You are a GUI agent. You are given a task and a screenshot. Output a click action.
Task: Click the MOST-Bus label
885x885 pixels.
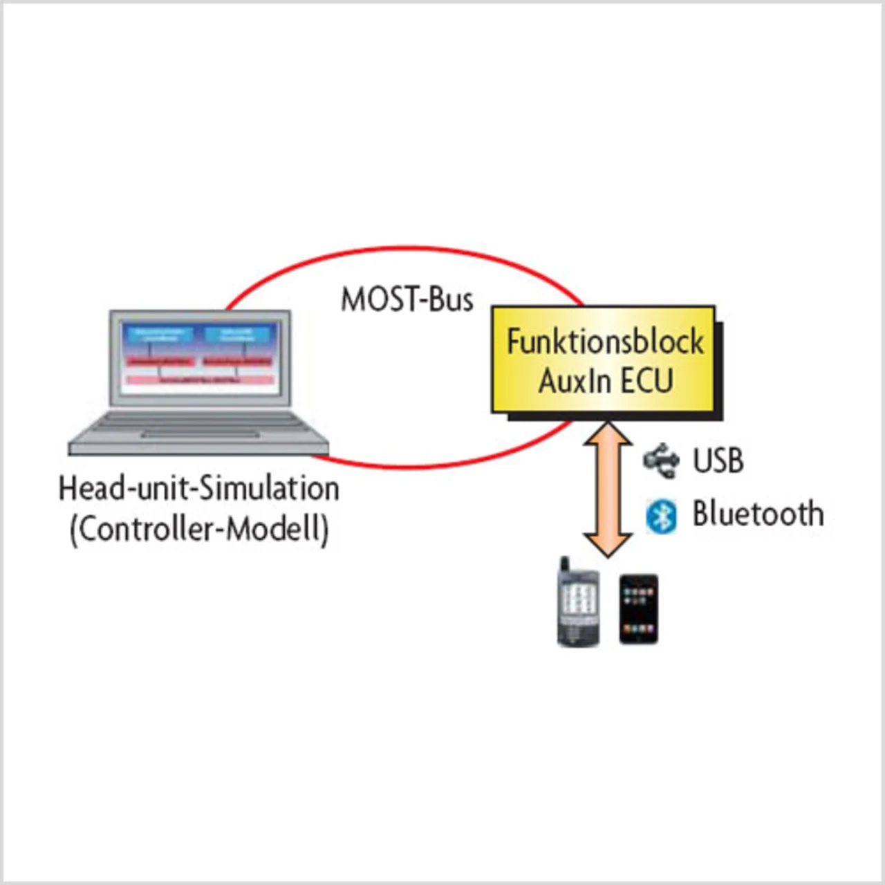(407, 299)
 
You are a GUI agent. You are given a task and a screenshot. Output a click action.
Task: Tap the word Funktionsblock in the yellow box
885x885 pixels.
(605, 342)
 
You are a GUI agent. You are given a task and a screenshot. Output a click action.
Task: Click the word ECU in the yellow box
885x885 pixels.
(646, 380)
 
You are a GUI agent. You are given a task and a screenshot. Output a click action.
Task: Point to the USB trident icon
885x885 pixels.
(660, 460)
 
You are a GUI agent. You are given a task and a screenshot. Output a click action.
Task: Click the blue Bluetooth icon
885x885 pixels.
(661, 516)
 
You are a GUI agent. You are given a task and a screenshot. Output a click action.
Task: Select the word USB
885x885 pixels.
(718, 460)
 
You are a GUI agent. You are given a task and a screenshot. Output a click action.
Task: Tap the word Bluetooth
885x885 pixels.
(758, 514)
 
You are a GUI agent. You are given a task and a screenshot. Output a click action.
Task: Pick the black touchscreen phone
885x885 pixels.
(637, 608)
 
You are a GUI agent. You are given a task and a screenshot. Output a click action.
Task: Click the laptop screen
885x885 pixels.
(201, 357)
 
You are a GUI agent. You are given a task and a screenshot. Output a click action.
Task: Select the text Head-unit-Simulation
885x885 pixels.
(199, 488)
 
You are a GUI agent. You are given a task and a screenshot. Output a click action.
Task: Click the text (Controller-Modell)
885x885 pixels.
(199, 530)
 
